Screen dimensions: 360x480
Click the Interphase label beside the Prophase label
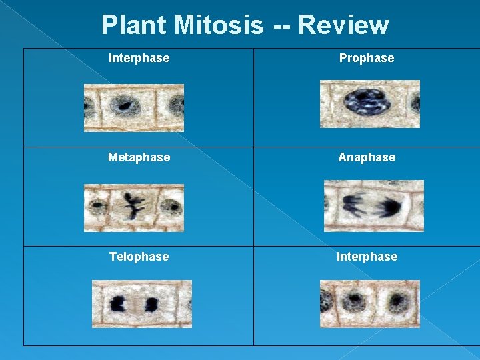click(x=139, y=58)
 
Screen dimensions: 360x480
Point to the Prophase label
click(x=367, y=58)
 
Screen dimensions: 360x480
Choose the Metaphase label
click(x=139, y=157)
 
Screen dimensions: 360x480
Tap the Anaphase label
click(x=367, y=157)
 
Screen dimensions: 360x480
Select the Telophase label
click(x=139, y=257)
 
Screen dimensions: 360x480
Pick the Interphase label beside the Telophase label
click(x=367, y=257)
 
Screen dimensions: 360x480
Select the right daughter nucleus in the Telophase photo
click(x=151, y=305)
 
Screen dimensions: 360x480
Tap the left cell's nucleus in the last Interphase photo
click(x=353, y=301)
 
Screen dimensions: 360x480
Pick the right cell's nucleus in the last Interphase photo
click(x=398, y=303)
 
